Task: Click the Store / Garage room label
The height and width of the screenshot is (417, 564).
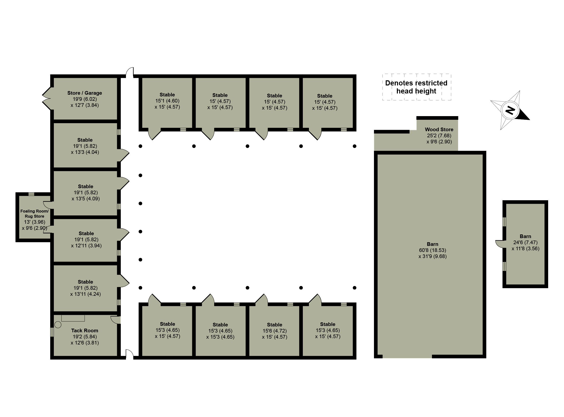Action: tap(85, 93)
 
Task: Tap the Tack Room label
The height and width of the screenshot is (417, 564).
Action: tap(85, 330)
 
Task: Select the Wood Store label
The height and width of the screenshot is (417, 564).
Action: tap(439, 130)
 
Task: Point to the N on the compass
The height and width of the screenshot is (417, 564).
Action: tap(510, 110)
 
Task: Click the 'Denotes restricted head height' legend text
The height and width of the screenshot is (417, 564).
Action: tap(416, 87)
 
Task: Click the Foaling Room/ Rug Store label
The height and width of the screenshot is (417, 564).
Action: tap(34, 213)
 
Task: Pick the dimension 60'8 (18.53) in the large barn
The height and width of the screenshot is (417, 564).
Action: tap(432, 250)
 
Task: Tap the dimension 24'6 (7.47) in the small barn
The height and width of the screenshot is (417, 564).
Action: tap(525, 242)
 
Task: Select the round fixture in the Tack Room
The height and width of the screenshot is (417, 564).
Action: tap(58, 324)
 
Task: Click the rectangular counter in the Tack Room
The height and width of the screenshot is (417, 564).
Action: tap(73, 318)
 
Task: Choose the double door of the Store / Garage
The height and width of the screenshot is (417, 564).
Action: tap(47, 98)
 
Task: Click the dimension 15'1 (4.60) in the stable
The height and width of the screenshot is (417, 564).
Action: tap(167, 101)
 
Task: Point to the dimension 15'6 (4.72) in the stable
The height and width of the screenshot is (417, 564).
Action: tap(275, 331)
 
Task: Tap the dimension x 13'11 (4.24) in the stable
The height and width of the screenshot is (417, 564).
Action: tap(85, 294)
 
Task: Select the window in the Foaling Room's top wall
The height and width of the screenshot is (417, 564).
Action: tap(31, 194)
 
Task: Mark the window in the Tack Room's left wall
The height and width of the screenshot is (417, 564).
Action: tap(52, 332)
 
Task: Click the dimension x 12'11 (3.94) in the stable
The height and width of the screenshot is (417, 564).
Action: tap(86, 246)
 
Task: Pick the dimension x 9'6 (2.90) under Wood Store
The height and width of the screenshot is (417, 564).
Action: tap(439, 142)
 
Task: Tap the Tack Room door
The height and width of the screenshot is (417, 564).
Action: tap(116, 320)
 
